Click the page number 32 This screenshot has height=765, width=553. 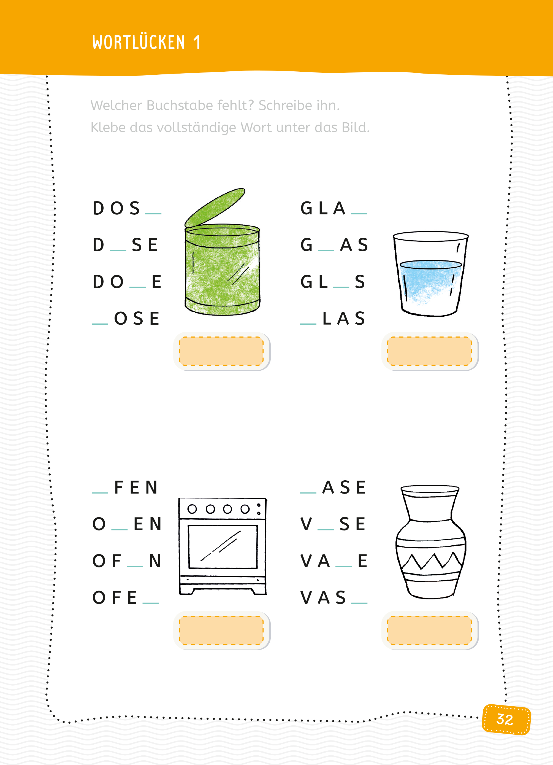[x=505, y=720]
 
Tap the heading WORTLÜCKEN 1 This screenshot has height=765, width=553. [x=147, y=42]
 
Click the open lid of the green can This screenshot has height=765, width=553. [x=215, y=207]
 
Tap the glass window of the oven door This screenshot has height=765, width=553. [x=223, y=547]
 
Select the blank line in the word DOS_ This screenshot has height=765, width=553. [x=153, y=214]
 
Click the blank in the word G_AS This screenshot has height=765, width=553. [x=326, y=250]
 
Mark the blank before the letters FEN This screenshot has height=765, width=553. [x=100, y=493]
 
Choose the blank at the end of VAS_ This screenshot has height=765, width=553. [x=359, y=603]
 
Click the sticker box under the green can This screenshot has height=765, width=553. [x=221, y=351]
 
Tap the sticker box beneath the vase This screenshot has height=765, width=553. [x=430, y=630]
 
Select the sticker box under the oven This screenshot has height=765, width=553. [x=221, y=630]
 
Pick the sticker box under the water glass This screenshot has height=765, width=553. [x=430, y=351]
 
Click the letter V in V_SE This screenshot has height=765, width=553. [x=306, y=524]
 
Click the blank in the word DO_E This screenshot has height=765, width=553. [x=137, y=287]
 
